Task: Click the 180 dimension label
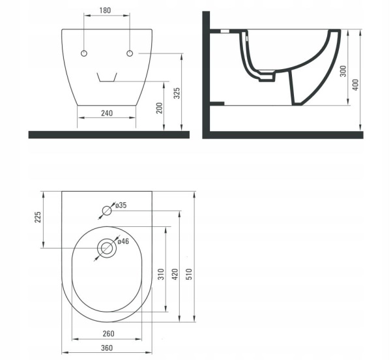click(105, 10)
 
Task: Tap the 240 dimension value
click(107, 113)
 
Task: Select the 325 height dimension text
click(177, 93)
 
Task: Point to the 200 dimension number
click(160, 108)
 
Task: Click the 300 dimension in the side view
click(343, 71)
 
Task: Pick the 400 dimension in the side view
click(356, 85)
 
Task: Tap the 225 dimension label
click(37, 217)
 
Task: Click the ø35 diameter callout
click(121, 205)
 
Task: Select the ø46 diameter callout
click(123, 241)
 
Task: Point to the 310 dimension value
click(162, 274)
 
